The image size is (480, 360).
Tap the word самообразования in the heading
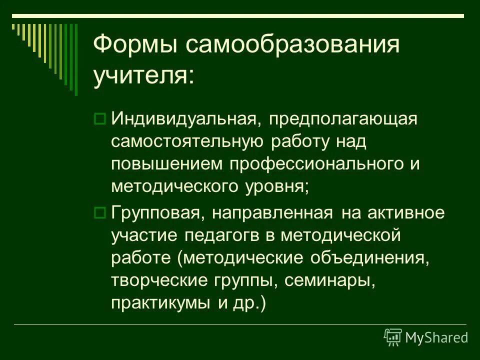coord(293,46)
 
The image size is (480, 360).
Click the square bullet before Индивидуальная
coord(99,119)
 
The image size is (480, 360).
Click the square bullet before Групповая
coord(99,213)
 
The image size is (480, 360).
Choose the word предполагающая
coord(342,119)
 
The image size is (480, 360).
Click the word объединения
coord(369,258)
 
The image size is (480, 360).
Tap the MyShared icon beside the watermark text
coord(393,337)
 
